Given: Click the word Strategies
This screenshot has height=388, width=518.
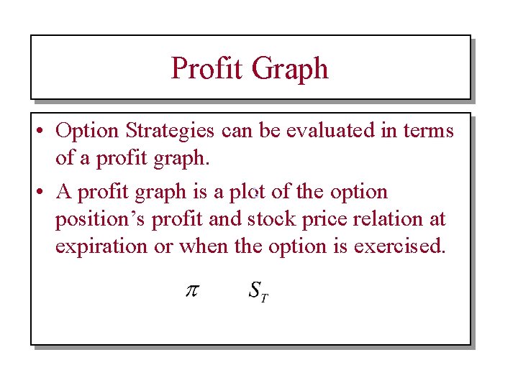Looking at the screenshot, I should pyautogui.click(x=170, y=131).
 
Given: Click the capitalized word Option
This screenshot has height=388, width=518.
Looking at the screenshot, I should pyautogui.click(x=88, y=131).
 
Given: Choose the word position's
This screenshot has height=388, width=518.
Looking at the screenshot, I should pyautogui.click(x=101, y=220).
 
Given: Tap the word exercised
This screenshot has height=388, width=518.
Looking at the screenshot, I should pyautogui.click(x=399, y=246).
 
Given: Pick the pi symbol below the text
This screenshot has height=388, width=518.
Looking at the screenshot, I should pyautogui.click(x=191, y=291).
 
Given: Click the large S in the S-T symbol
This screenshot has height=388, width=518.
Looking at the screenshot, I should pyautogui.click(x=254, y=290).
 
